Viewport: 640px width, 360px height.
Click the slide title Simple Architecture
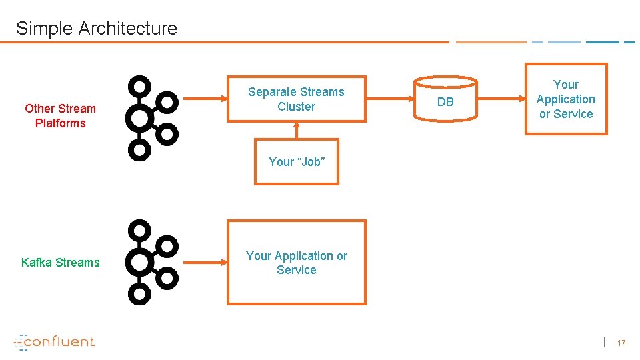(97, 29)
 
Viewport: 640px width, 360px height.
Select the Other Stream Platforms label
(60, 116)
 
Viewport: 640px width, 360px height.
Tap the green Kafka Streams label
(60, 263)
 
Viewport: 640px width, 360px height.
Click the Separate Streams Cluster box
(297, 99)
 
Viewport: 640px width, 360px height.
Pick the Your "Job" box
(297, 162)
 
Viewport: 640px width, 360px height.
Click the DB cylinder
(445, 99)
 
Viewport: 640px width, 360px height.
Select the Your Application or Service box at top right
(566, 99)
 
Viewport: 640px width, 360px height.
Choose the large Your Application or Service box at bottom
(297, 263)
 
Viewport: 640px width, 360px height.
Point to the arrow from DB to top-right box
(501, 99)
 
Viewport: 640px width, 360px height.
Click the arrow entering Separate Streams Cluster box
(204, 99)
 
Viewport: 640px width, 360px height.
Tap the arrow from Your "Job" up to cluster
(297, 131)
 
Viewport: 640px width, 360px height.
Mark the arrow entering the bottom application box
(204, 263)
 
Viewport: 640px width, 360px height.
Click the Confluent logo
(55, 341)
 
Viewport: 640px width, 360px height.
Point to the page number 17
(621, 343)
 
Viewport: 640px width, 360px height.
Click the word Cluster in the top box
(297, 107)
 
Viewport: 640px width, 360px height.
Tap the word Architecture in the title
(128, 29)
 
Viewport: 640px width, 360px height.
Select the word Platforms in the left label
(60, 123)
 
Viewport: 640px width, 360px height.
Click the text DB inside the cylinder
(445, 102)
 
